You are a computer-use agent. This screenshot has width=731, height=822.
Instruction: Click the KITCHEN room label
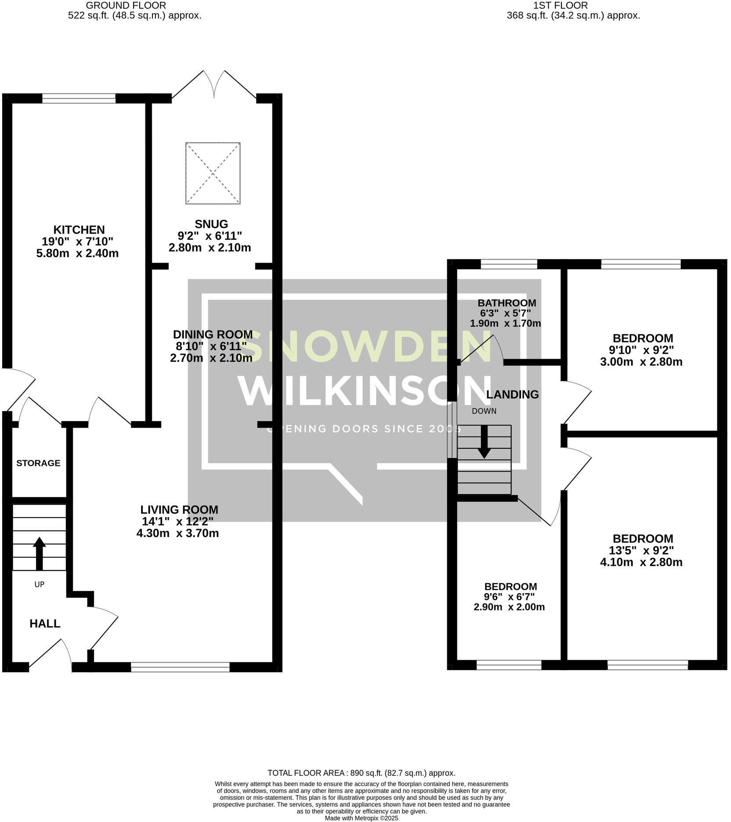click(x=79, y=230)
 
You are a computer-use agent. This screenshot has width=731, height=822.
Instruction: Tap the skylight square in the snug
click(x=213, y=173)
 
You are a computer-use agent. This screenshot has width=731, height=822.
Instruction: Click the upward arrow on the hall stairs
click(x=40, y=552)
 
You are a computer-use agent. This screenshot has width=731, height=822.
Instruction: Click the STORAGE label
click(x=38, y=463)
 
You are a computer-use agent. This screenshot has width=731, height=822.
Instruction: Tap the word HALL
click(x=45, y=624)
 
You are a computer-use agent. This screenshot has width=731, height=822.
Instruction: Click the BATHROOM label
click(x=507, y=303)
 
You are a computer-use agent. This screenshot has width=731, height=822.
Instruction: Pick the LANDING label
click(x=512, y=394)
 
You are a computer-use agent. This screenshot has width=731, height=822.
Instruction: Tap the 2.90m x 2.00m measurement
click(x=509, y=607)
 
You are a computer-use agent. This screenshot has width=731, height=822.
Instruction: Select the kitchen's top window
click(x=79, y=98)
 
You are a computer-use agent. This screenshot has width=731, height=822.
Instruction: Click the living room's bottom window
click(x=180, y=667)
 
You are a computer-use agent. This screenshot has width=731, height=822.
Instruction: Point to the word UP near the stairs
click(x=40, y=584)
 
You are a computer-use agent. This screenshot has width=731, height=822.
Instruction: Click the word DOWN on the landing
click(x=484, y=411)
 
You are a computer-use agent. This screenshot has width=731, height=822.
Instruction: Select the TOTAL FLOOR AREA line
click(x=361, y=773)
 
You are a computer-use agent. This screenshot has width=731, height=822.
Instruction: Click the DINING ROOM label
click(x=213, y=334)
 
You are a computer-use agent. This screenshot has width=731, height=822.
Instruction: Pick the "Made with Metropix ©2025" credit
click(x=361, y=818)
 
